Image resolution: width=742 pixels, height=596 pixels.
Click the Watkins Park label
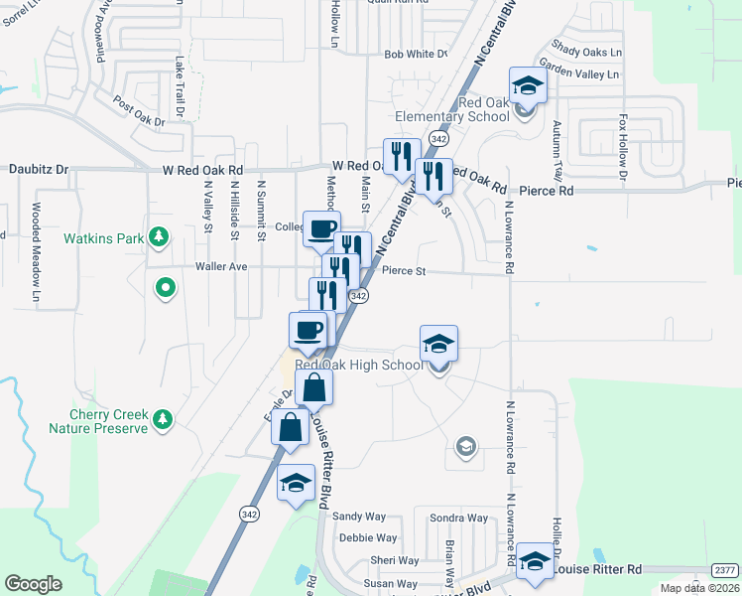tap(105, 238)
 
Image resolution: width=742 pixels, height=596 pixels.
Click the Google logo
tap(34, 584)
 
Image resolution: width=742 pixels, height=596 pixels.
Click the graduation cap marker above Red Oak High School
tap(438, 344)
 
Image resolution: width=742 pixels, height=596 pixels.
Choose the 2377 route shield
tap(724, 569)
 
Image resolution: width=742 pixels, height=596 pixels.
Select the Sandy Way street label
tap(359, 517)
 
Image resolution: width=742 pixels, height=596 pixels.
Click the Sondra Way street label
tap(458, 519)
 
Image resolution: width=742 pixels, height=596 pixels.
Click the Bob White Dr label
tap(416, 55)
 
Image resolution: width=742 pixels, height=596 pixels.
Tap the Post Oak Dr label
tap(139, 111)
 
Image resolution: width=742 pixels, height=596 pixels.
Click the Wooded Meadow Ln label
tap(36, 252)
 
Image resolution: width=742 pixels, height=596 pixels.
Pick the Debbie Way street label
tap(368, 538)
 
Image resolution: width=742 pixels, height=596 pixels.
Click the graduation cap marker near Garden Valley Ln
tap(528, 85)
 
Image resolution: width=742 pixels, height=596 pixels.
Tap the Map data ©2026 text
tap(699, 588)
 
